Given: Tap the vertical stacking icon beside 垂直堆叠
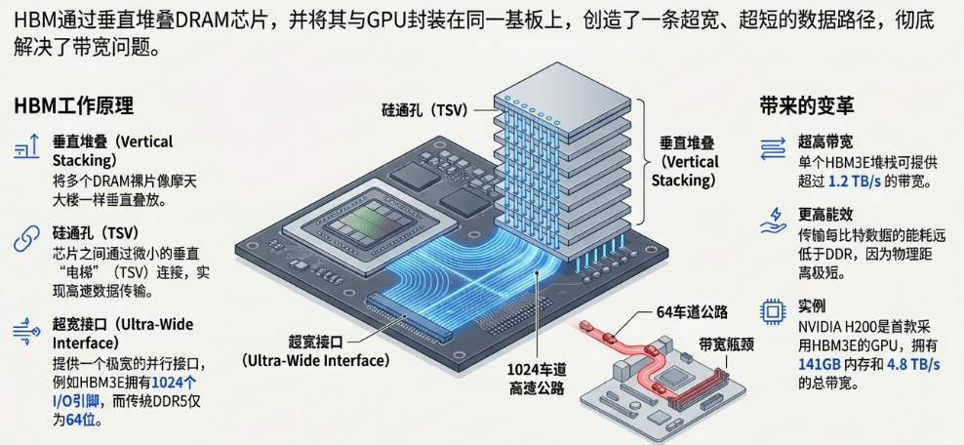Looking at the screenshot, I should point(25,147).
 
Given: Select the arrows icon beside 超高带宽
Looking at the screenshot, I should point(772,147).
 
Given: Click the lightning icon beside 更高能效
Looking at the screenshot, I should point(772,220).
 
